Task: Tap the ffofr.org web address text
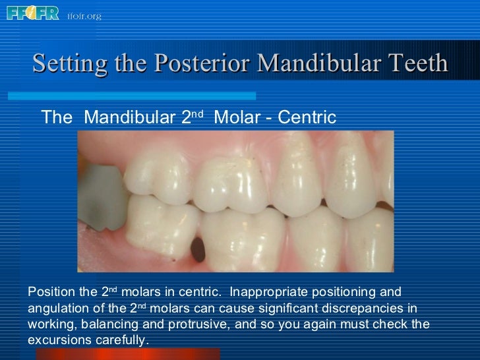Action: click(84, 16)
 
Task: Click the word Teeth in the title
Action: click(418, 64)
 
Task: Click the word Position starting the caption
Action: click(51, 292)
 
